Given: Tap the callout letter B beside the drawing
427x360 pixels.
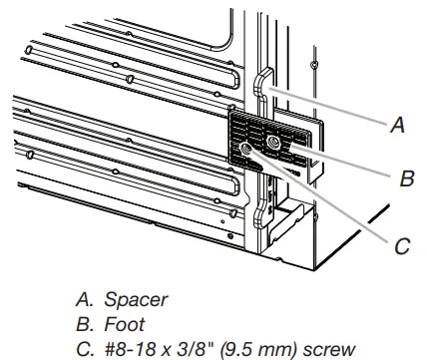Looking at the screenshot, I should pos(406,180).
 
